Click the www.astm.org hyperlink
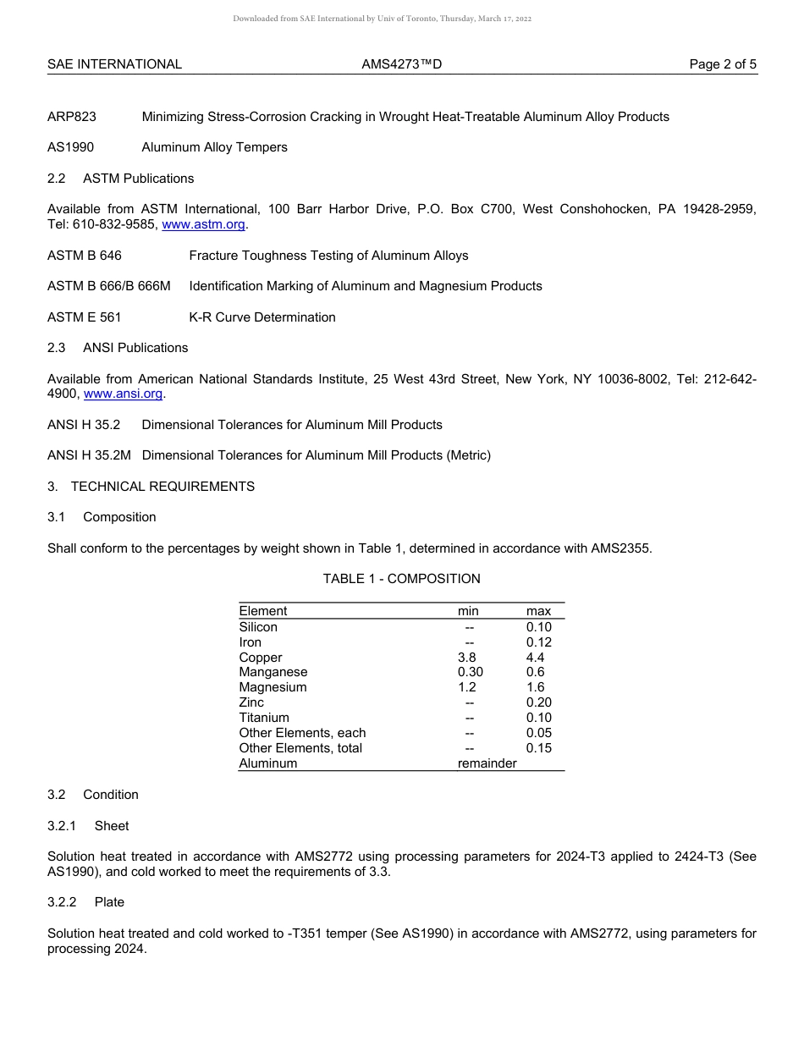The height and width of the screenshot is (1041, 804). [x=203, y=224]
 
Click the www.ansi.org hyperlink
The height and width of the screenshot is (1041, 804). [x=123, y=394]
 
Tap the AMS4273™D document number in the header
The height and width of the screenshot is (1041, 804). [x=401, y=64]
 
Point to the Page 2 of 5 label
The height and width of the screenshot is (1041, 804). [x=723, y=64]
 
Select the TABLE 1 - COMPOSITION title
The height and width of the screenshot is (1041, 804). [x=401, y=579]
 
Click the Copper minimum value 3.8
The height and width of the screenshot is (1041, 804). [x=466, y=658]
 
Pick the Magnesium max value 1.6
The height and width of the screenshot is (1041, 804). [x=535, y=687]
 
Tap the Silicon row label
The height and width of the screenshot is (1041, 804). [x=258, y=627]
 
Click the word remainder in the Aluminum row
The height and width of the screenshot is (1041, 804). [x=487, y=763]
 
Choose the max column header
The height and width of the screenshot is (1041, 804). [x=538, y=611]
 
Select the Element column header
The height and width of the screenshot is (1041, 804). [x=262, y=611]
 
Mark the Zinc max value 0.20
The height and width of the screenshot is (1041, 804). [x=538, y=702]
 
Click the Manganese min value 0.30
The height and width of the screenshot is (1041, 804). [x=470, y=672]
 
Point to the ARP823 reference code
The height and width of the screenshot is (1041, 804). [x=72, y=117]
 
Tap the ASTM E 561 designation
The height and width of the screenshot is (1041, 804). [x=85, y=317]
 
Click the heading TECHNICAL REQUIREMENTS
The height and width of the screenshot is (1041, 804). [x=162, y=487]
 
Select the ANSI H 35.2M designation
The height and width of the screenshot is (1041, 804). [x=89, y=455]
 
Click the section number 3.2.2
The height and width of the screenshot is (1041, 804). [x=62, y=902]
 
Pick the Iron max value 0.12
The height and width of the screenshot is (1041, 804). [x=538, y=642]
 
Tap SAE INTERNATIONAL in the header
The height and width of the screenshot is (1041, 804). [x=114, y=64]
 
